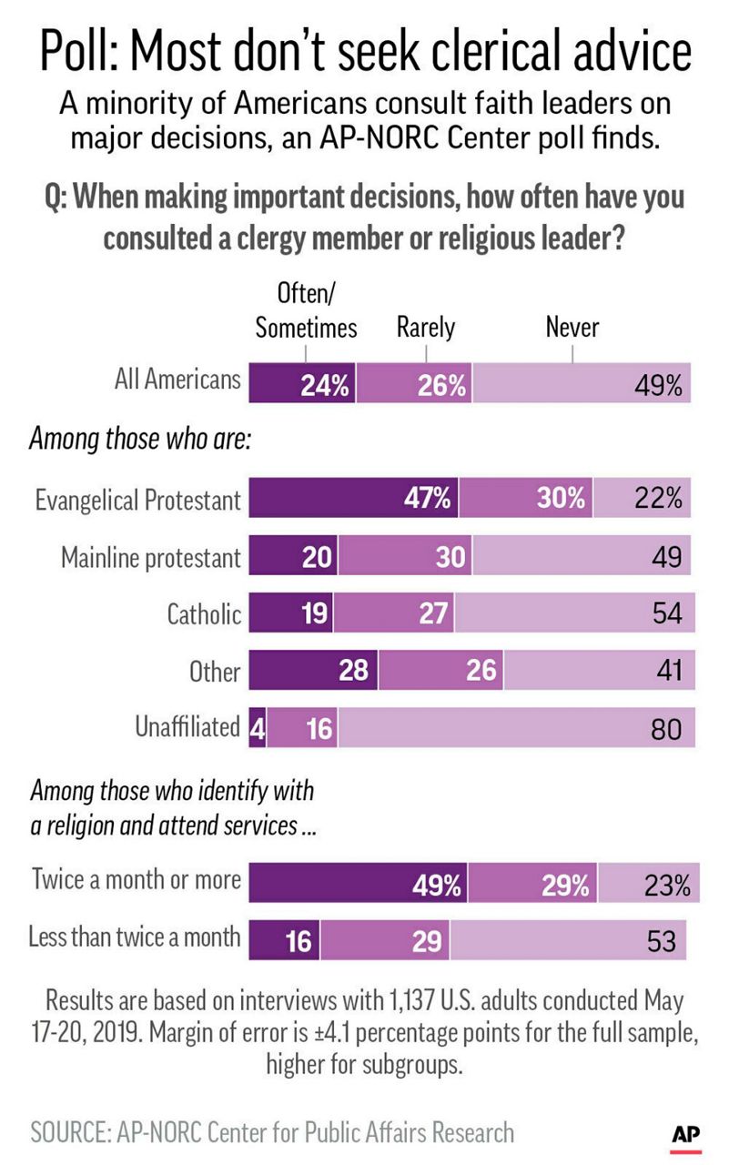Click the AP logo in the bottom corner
pyautogui.click(x=684, y=1133)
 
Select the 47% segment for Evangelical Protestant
pyautogui.click(x=354, y=500)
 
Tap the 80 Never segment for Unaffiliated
pyautogui.click(x=514, y=727)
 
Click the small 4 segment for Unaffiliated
pyautogui.click(x=258, y=727)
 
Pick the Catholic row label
pyautogui.click(x=204, y=614)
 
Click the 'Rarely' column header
pyautogui.click(x=426, y=327)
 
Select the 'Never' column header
pyautogui.click(x=572, y=327)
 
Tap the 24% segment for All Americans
pyautogui.click(x=302, y=384)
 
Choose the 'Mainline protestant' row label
pyautogui.click(x=151, y=557)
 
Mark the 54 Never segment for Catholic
pyautogui.click(x=574, y=613)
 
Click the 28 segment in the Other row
pyautogui.click(x=313, y=671)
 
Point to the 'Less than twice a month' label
pyautogui.click(x=136, y=937)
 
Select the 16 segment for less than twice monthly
pyautogui.click(x=284, y=939)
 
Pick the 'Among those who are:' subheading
pyautogui.click(x=140, y=440)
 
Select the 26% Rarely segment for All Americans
pyautogui.click(x=415, y=384)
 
